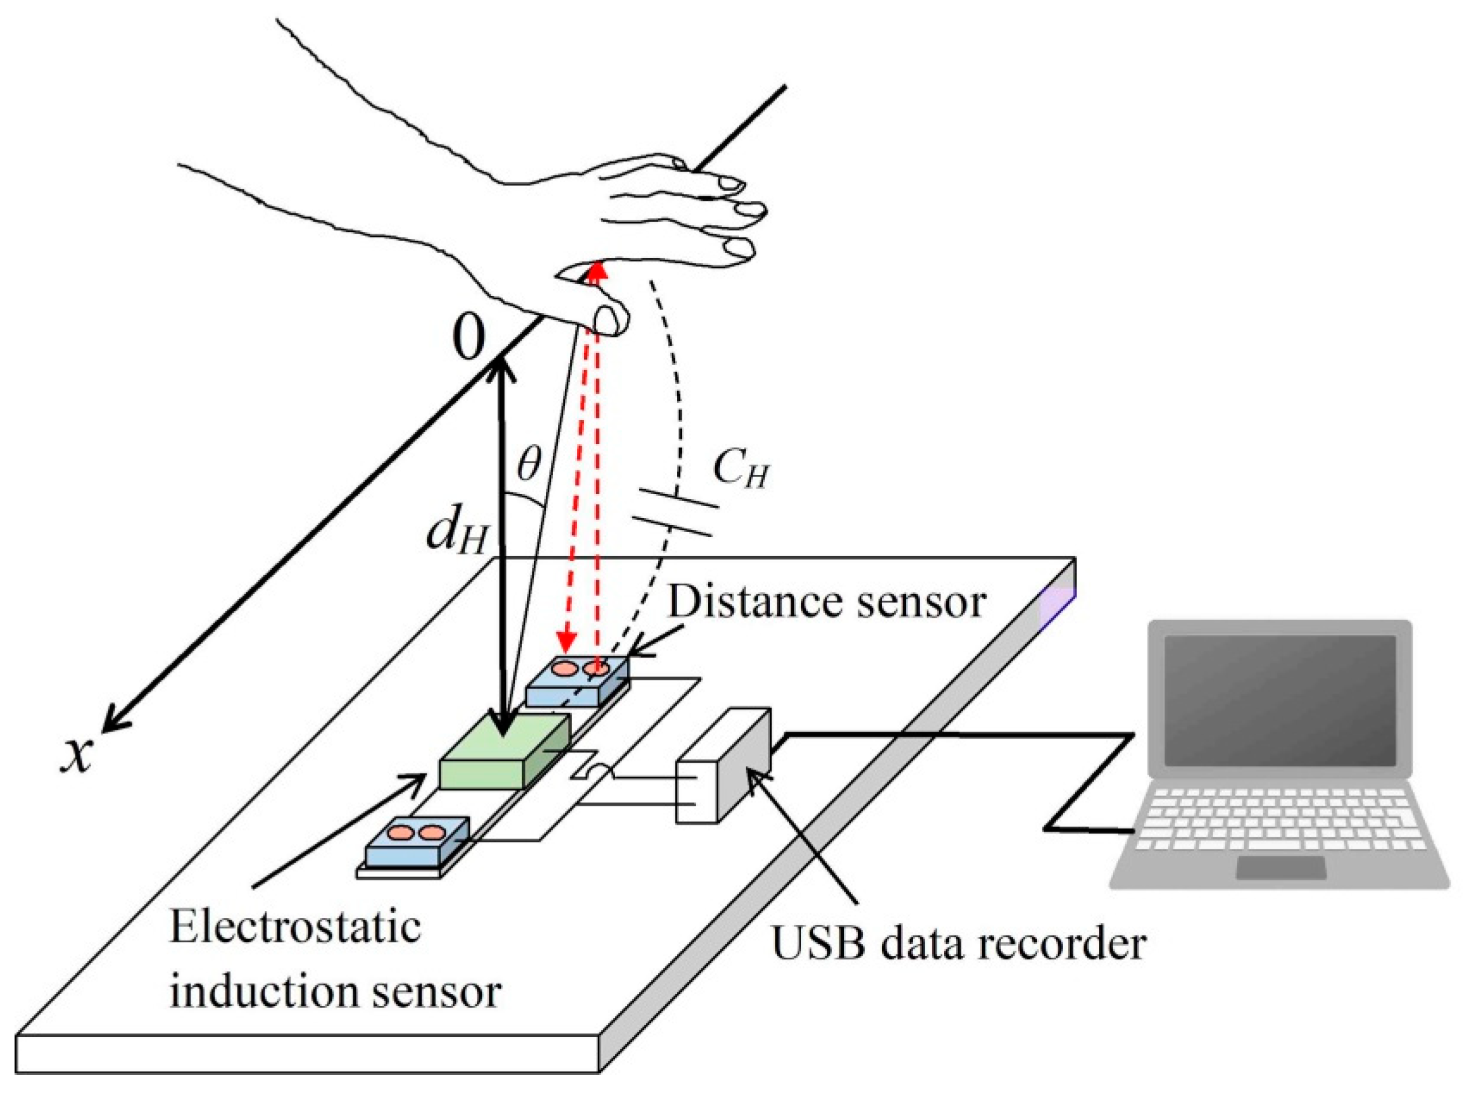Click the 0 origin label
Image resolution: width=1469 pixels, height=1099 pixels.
(x=469, y=336)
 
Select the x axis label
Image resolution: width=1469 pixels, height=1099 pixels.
(x=76, y=756)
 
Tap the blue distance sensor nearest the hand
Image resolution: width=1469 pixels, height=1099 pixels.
(x=576, y=680)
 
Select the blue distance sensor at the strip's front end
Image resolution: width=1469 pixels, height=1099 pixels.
(x=417, y=841)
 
